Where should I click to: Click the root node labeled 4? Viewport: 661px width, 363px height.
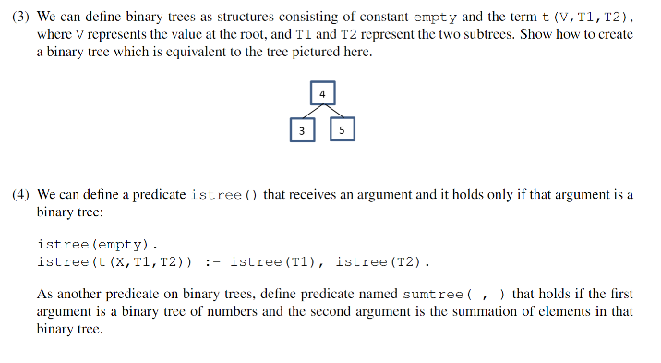pos(322,93)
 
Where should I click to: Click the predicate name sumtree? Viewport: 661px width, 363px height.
pos(433,295)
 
